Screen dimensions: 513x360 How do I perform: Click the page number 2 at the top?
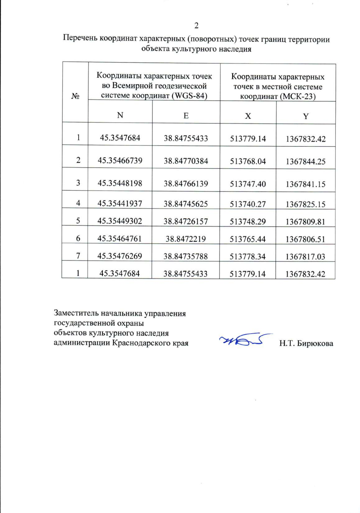[196, 26]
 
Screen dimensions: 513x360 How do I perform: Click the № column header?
[75, 96]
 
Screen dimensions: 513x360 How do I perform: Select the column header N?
[120, 115]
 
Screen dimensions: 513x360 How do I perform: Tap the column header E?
[186, 116]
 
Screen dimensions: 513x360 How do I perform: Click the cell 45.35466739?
[120, 160]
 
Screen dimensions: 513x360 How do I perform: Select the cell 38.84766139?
[186, 184]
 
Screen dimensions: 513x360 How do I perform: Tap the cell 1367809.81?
[305, 222]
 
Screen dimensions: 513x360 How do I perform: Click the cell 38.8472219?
[186, 239]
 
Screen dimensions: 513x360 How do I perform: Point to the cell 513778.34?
[247, 256]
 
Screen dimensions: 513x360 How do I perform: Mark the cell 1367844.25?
[305, 162]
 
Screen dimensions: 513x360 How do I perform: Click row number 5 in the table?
[78, 221]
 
